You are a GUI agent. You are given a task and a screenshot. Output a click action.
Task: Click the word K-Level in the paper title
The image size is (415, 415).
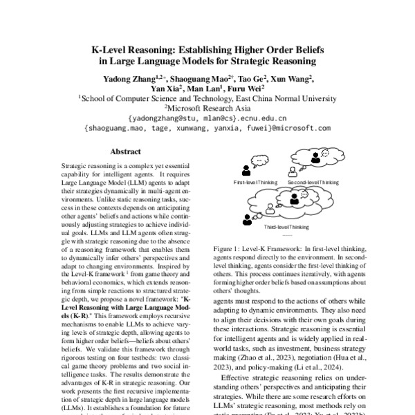click(x=112, y=50)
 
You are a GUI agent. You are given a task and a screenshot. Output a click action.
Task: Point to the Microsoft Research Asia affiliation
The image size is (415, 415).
click(x=207, y=108)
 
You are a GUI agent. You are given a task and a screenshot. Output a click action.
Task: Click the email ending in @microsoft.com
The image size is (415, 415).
click(x=207, y=128)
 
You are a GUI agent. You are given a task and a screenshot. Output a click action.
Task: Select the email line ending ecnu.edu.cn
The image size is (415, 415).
click(x=207, y=118)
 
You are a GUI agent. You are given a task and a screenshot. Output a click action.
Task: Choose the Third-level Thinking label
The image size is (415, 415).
click(x=286, y=226)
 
